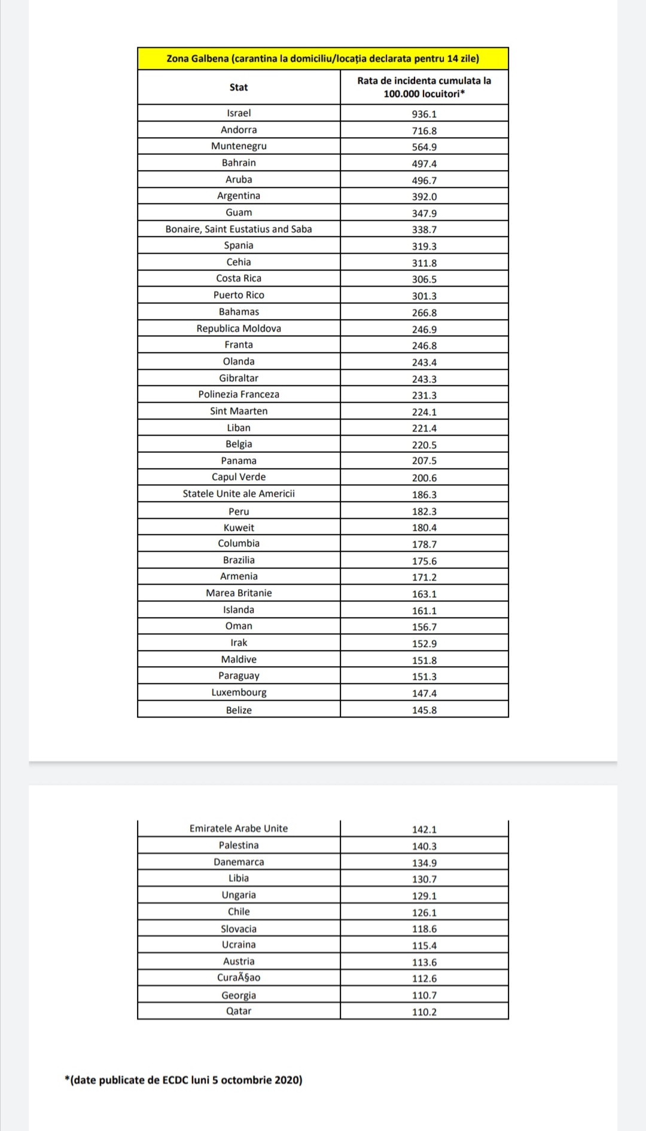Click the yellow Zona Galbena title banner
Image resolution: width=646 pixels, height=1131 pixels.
pyautogui.click(x=322, y=59)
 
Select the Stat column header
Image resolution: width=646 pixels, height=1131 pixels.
pyautogui.click(x=239, y=87)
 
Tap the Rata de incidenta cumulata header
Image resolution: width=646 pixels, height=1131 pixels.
pyautogui.click(x=424, y=87)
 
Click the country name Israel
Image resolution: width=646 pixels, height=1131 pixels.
pyautogui.click(x=239, y=113)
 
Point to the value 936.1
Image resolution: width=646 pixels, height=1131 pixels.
pyautogui.click(x=424, y=114)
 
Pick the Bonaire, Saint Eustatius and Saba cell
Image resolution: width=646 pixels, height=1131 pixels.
pyautogui.click(x=239, y=229)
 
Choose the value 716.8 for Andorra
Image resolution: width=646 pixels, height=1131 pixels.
pyautogui.click(x=424, y=130)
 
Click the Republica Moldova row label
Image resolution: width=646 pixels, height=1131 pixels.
pyautogui.click(x=239, y=329)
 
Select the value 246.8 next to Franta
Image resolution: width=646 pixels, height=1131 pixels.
pyautogui.click(x=424, y=345)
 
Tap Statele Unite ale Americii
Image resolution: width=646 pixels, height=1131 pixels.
pyautogui.click(x=239, y=494)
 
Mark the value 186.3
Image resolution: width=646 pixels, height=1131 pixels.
pyautogui.click(x=424, y=495)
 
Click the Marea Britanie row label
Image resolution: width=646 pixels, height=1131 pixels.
pyautogui.click(x=239, y=593)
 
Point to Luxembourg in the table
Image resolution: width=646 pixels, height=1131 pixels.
pyautogui.click(x=239, y=692)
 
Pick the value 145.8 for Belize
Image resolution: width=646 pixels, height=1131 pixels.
pyautogui.click(x=424, y=710)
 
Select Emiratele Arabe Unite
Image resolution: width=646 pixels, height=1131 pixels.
pyautogui.click(x=239, y=829)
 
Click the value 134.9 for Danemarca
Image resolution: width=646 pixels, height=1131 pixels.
pyautogui.click(x=424, y=863)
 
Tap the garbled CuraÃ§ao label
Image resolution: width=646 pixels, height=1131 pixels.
pyautogui.click(x=239, y=978)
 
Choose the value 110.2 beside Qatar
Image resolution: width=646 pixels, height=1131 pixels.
pyautogui.click(x=424, y=1012)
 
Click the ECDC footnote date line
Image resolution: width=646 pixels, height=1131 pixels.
pyautogui.click(x=184, y=1080)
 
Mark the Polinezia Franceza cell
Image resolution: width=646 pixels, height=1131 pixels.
pyautogui.click(x=239, y=394)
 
